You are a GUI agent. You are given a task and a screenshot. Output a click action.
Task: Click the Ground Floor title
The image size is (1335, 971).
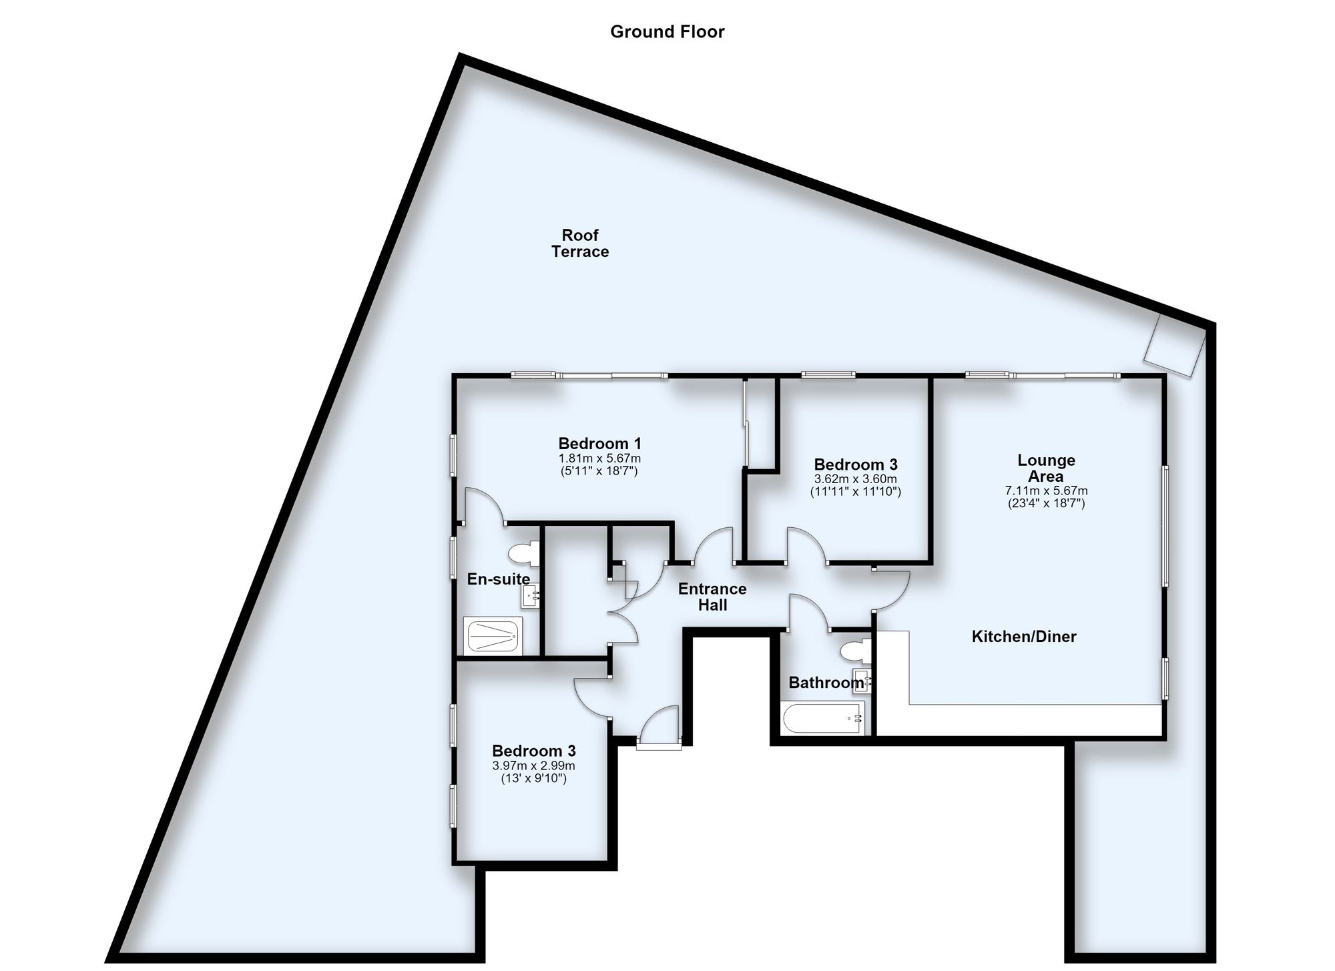[x=667, y=32]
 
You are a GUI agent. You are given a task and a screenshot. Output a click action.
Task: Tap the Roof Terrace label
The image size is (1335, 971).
[x=580, y=243]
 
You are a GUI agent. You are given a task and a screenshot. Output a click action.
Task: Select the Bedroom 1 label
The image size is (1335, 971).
[x=599, y=443]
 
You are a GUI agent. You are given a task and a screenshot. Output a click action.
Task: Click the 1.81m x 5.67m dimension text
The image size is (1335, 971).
[x=599, y=458]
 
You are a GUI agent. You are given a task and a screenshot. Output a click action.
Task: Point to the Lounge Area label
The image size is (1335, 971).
[x=1046, y=468]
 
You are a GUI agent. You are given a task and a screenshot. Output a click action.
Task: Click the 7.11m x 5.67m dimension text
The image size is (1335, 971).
[x=1046, y=491]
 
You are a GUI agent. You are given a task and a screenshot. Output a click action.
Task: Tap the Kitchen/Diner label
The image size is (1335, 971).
[x=1024, y=637]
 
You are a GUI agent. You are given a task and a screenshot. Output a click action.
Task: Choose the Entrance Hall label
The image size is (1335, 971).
[x=712, y=597]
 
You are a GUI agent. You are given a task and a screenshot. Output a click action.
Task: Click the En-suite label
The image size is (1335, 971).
[x=499, y=579]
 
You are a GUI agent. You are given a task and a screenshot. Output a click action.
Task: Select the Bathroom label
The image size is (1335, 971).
[x=826, y=683]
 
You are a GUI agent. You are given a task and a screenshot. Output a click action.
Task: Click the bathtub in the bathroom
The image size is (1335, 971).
[x=822, y=718]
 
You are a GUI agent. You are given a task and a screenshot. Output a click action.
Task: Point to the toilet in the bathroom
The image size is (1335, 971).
[x=856, y=651]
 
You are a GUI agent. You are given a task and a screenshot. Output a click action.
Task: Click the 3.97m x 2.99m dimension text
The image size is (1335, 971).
[x=533, y=765]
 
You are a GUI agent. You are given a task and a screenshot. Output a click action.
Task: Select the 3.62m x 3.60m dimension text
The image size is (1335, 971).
[x=855, y=479]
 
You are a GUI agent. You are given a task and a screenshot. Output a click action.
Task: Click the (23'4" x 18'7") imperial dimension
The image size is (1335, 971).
[x=1046, y=503]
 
